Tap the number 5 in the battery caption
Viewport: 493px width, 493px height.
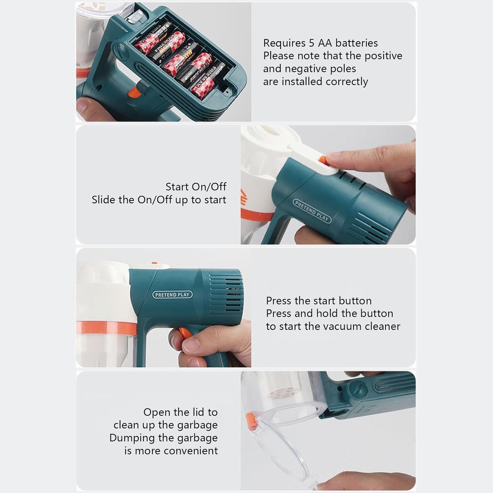[x=312, y=43]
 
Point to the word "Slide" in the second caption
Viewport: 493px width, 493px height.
[x=104, y=200]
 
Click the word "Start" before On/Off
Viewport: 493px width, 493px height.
[x=177, y=187]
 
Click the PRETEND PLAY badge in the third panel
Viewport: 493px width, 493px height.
[x=172, y=295]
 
